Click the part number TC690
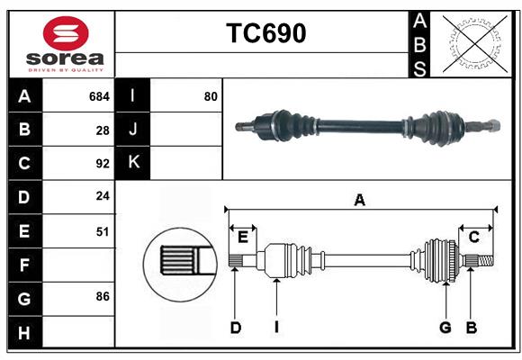tap(265, 33)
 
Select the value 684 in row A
tap(99, 96)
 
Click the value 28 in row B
tap(103, 130)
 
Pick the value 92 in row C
tap(103, 164)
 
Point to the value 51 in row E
tap(103, 231)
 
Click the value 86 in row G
tap(103, 296)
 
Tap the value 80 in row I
tap(211, 96)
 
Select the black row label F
tap(24, 265)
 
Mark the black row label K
tap(133, 163)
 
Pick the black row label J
tap(133, 130)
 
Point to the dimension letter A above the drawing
tap(359, 200)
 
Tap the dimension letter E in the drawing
tap(243, 237)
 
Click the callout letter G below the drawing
tap(445, 328)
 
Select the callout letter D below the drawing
tap(235, 328)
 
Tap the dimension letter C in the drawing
tap(473, 237)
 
